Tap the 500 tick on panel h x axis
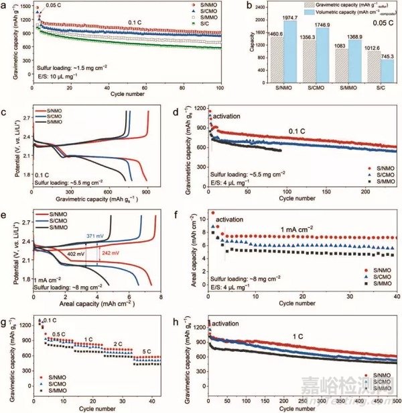point(395,398)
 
